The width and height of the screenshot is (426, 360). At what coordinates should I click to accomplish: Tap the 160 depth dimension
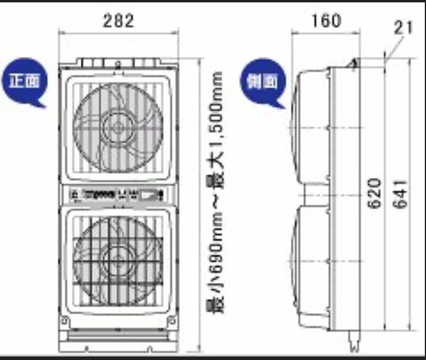point(326,20)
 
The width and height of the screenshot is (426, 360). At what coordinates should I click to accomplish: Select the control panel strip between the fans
point(119,193)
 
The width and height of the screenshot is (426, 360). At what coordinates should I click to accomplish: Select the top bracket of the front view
point(119,62)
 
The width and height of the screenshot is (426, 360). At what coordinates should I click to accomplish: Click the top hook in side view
point(355,62)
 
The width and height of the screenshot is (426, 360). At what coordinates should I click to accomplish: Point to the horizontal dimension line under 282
point(119,34)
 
